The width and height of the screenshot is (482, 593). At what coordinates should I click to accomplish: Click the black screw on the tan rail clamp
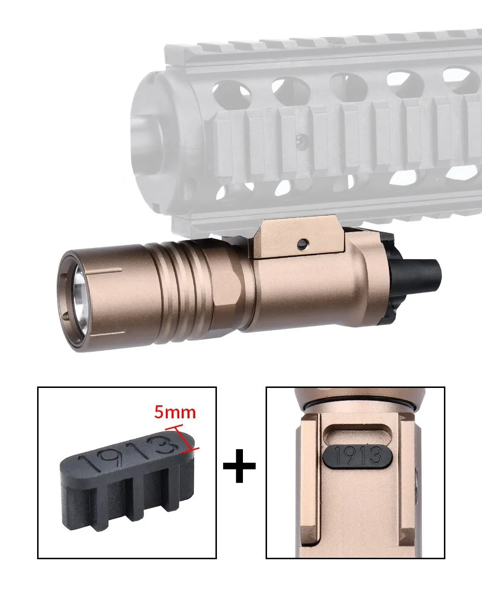(x=302, y=244)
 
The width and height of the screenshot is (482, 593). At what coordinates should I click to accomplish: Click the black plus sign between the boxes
(x=239, y=466)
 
